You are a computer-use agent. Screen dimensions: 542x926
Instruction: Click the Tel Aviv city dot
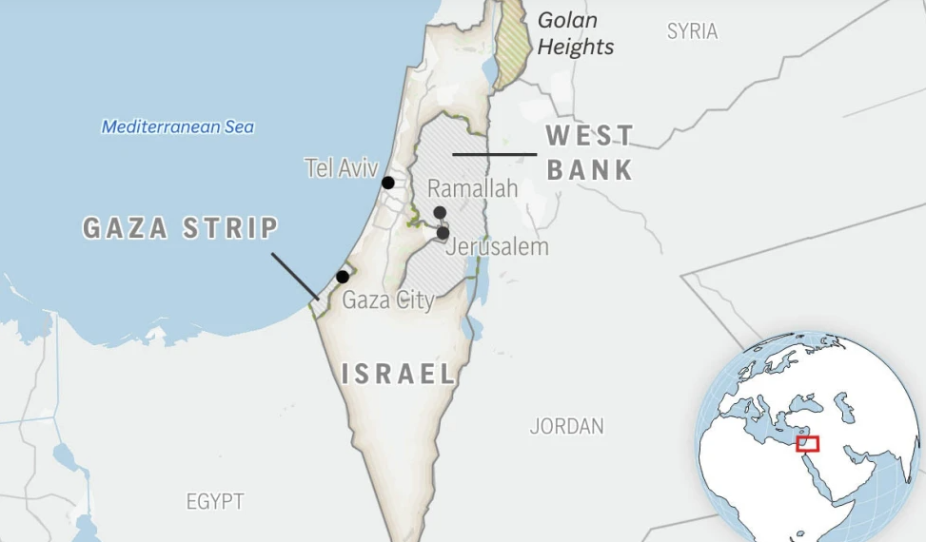[388, 183]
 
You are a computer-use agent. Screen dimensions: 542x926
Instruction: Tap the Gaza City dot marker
[343, 277]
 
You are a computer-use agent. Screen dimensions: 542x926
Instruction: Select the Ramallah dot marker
[440, 213]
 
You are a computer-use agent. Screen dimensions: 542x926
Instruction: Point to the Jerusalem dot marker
[443, 233]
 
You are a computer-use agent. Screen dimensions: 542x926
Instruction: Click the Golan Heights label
[575, 32]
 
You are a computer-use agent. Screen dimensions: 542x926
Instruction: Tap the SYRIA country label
[692, 31]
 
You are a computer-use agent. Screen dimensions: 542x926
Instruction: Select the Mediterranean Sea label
[178, 126]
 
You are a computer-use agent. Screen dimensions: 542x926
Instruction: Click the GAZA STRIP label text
[181, 228]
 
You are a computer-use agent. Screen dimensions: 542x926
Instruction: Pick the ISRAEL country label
[399, 374]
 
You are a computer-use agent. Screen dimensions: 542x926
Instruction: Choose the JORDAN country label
[566, 426]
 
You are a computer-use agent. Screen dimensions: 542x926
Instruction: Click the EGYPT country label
[215, 501]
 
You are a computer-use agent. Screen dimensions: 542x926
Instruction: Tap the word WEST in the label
[590, 135]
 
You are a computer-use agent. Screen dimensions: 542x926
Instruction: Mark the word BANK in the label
[590, 170]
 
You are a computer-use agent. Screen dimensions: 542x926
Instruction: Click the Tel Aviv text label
[341, 168]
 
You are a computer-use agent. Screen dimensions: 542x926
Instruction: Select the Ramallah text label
[472, 188]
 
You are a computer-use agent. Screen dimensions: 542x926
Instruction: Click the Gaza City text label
[387, 300]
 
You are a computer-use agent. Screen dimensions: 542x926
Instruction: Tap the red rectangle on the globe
[807, 444]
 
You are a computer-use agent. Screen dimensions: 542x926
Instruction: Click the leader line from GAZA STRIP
[294, 276]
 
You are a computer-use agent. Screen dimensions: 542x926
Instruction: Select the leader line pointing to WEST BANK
[494, 154]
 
